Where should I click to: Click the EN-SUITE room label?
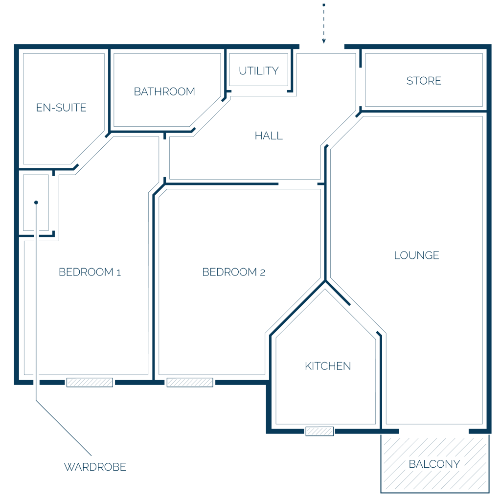coord(61,108)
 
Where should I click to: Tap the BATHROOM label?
coord(164,91)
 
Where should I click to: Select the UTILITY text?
coord(258,71)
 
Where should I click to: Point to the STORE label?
coord(424,81)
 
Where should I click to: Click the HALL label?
coord(269,136)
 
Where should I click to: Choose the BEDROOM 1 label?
coord(90,272)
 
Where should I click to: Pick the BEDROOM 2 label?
coord(233,272)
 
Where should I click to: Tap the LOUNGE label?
coord(416,255)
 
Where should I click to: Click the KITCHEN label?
coord(328,366)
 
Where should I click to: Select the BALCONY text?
coord(434,464)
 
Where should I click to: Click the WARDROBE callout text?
coord(95,467)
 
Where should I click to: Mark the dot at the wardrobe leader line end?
coord(36,202)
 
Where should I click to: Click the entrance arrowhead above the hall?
coord(324,41)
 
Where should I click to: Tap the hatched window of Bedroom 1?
coord(90,383)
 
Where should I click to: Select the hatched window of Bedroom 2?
coord(190,383)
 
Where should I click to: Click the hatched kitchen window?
coord(319,432)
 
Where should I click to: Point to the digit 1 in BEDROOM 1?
coord(118,273)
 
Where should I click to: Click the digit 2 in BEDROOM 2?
coord(263,273)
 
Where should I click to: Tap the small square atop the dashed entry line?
coord(324,5)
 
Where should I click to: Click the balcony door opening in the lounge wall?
coord(434,432)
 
